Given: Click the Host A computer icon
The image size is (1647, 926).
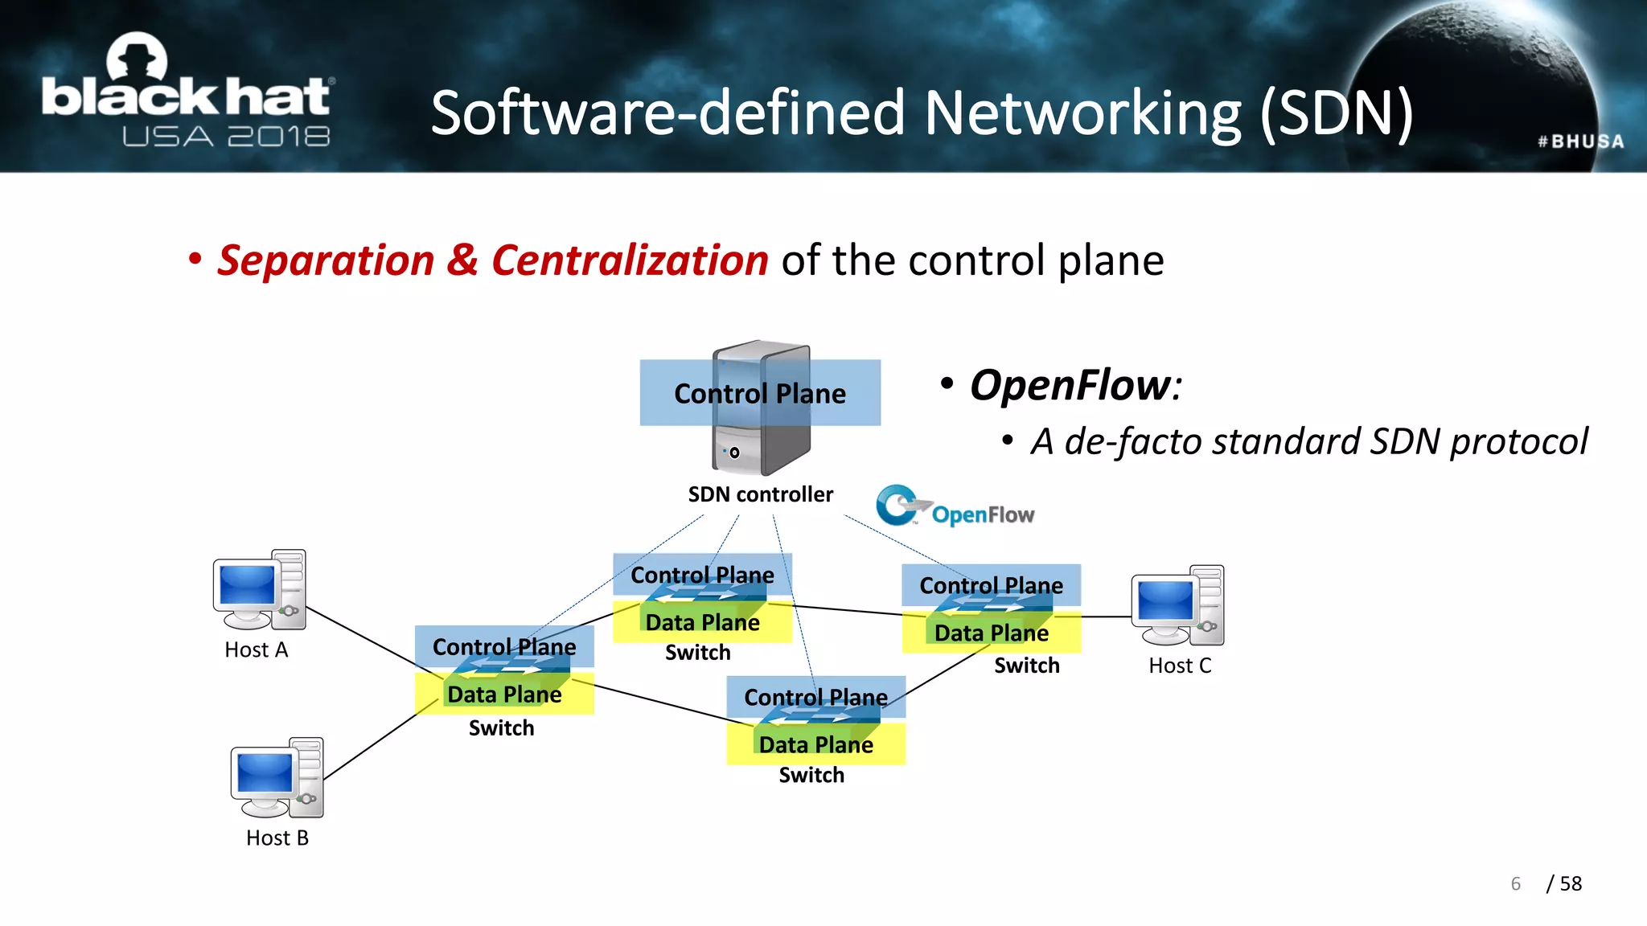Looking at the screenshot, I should pyautogui.click(x=259, y=590).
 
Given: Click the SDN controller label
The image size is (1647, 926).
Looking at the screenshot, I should pyautogui.click(x=760, y=494).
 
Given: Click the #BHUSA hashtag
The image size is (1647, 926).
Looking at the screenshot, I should pyautogui.click(x=1580, y=141).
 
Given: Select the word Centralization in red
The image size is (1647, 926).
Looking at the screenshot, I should pyautogui.click(x=630, y=260).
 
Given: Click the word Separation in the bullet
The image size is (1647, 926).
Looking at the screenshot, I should pyautogui.click(x=326, y=260).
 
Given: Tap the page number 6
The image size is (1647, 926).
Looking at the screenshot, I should pyautogui.click(x=1516, y=883).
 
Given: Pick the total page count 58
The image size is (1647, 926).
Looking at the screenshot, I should pyautogui.click(x=1571, y=883).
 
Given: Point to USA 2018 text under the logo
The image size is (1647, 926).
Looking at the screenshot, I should pyautogui.click(x=226, y=137).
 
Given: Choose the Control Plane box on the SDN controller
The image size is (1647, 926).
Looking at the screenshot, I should pyautogui.click(x=760, y=393).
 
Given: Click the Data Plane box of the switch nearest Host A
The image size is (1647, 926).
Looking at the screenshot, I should pyautogui.click(x=504, y=694).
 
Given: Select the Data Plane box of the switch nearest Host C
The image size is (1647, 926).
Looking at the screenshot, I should pyautogui.click(x=991, y=633).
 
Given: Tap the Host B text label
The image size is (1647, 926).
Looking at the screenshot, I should pyautogui.click(x=277, y=838).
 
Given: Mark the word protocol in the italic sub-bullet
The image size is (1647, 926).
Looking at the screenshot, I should pyautogui.click(x=1518, y=441).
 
